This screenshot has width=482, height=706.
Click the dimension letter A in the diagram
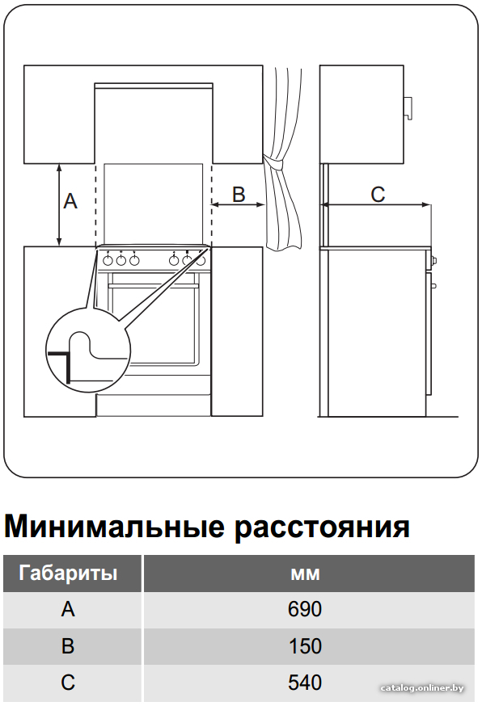[70, 201]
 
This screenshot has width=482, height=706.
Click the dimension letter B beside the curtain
[239, 194]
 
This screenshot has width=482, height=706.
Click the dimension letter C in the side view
[378, 195]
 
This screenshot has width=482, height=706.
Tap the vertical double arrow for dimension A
[59, 205]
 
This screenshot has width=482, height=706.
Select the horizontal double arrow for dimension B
[238, 205]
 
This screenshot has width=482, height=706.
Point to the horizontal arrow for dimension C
[375, 205]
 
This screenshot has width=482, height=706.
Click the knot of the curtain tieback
[273, 162]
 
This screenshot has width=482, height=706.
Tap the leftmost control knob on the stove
[108, 260]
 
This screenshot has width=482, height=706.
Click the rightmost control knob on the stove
[201, 260]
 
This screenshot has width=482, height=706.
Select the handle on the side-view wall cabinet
[408, 108]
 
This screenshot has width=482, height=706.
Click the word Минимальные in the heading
[114, 526]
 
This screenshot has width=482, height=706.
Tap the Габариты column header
[68, 574]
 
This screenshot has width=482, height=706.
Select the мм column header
[305, 574]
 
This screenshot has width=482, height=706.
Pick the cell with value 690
[305, 609]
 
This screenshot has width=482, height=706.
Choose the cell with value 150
[305, 646]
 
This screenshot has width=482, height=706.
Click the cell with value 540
[305, 683]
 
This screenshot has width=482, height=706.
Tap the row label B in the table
[68, 646]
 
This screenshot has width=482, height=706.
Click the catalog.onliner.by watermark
[422, 688]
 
